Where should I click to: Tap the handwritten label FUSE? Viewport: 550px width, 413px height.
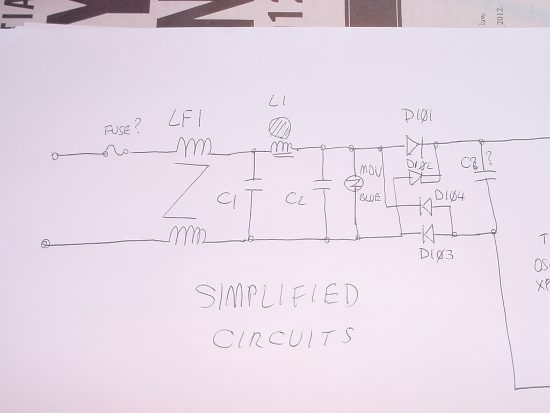click(122, 129)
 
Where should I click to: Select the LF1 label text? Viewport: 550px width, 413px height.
click(185, 121)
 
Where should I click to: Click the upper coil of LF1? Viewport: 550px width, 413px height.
click(194, 146)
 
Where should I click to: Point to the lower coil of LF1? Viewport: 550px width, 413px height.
click(188, 236)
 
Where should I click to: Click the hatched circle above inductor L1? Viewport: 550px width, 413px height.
click(279, 127)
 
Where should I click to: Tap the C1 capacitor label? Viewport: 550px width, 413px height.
click(225, 200)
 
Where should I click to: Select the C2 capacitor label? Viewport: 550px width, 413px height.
click(295, 200)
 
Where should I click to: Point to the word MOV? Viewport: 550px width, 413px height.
click(370, 170)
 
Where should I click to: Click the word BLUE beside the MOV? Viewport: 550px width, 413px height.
click(370, 198)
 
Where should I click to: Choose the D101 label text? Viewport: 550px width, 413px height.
click(418, 116)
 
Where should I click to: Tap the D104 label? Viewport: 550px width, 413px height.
click(450, 197)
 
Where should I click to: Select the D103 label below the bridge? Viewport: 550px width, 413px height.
click(436, 254)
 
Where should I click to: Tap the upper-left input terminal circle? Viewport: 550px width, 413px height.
click(54, 156)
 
